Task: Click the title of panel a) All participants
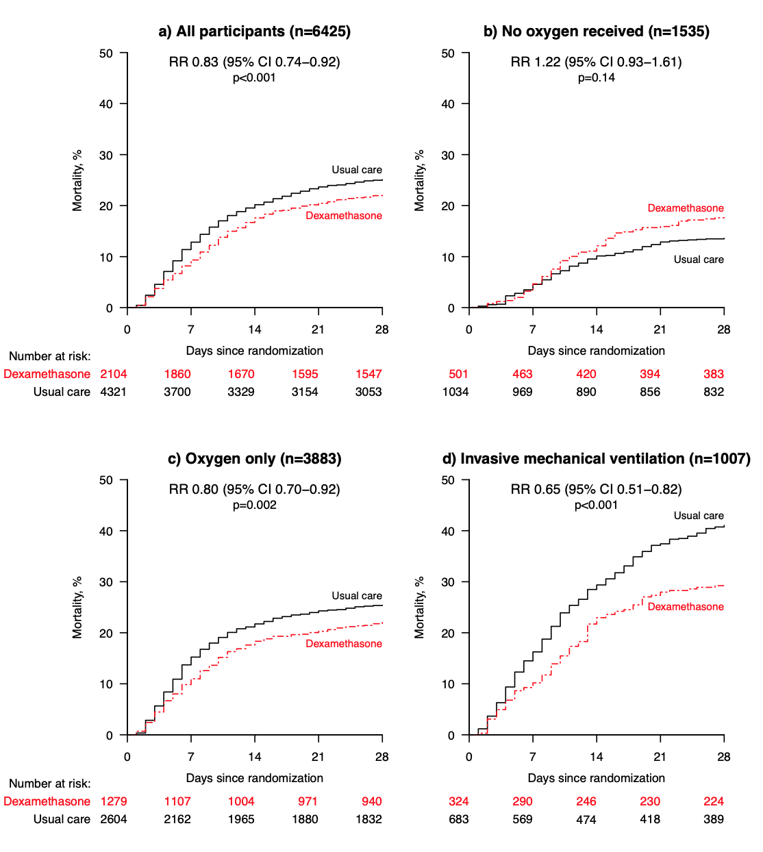254,32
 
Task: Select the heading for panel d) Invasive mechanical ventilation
596,459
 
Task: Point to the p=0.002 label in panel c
254,505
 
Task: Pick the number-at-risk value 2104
114,374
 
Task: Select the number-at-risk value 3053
368,392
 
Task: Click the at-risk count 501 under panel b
458,374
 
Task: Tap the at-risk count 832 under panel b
714,392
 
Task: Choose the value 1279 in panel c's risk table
114,801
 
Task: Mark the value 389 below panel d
714,819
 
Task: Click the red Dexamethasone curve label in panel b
686,208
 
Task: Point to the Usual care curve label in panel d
699,516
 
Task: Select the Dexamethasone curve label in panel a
344,216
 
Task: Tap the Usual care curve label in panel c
357,596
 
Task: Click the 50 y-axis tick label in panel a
106,53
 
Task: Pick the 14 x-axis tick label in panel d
597,757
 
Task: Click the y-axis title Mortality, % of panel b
419,180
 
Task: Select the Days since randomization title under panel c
254,778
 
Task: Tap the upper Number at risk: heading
49,356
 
